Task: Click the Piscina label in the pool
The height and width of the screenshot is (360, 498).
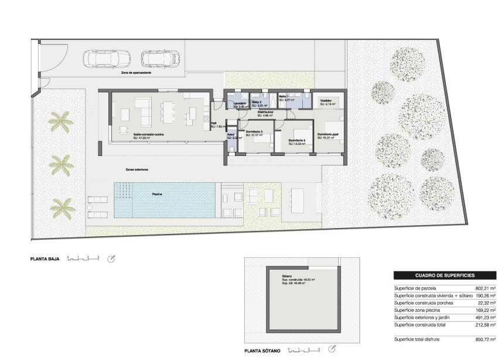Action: (157, 193)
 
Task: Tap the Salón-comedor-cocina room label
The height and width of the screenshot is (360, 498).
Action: (148, 134)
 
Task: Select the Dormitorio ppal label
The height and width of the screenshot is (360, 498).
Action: (328, 134)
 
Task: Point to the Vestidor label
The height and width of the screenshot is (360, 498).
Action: (326, 101)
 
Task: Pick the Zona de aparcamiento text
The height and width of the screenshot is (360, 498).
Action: (136, 72)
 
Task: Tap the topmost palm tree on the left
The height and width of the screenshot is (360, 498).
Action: (60, 122)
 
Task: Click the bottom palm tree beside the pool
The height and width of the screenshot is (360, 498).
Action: (62, 206)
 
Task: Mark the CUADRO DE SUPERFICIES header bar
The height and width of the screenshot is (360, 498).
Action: (445, 275)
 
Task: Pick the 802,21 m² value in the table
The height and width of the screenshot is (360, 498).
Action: (486, 288)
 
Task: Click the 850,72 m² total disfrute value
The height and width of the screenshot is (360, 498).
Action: (486, 339)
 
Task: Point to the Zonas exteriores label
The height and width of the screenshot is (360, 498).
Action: (137, 169)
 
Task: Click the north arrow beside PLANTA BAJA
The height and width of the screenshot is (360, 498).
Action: (111, 258)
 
